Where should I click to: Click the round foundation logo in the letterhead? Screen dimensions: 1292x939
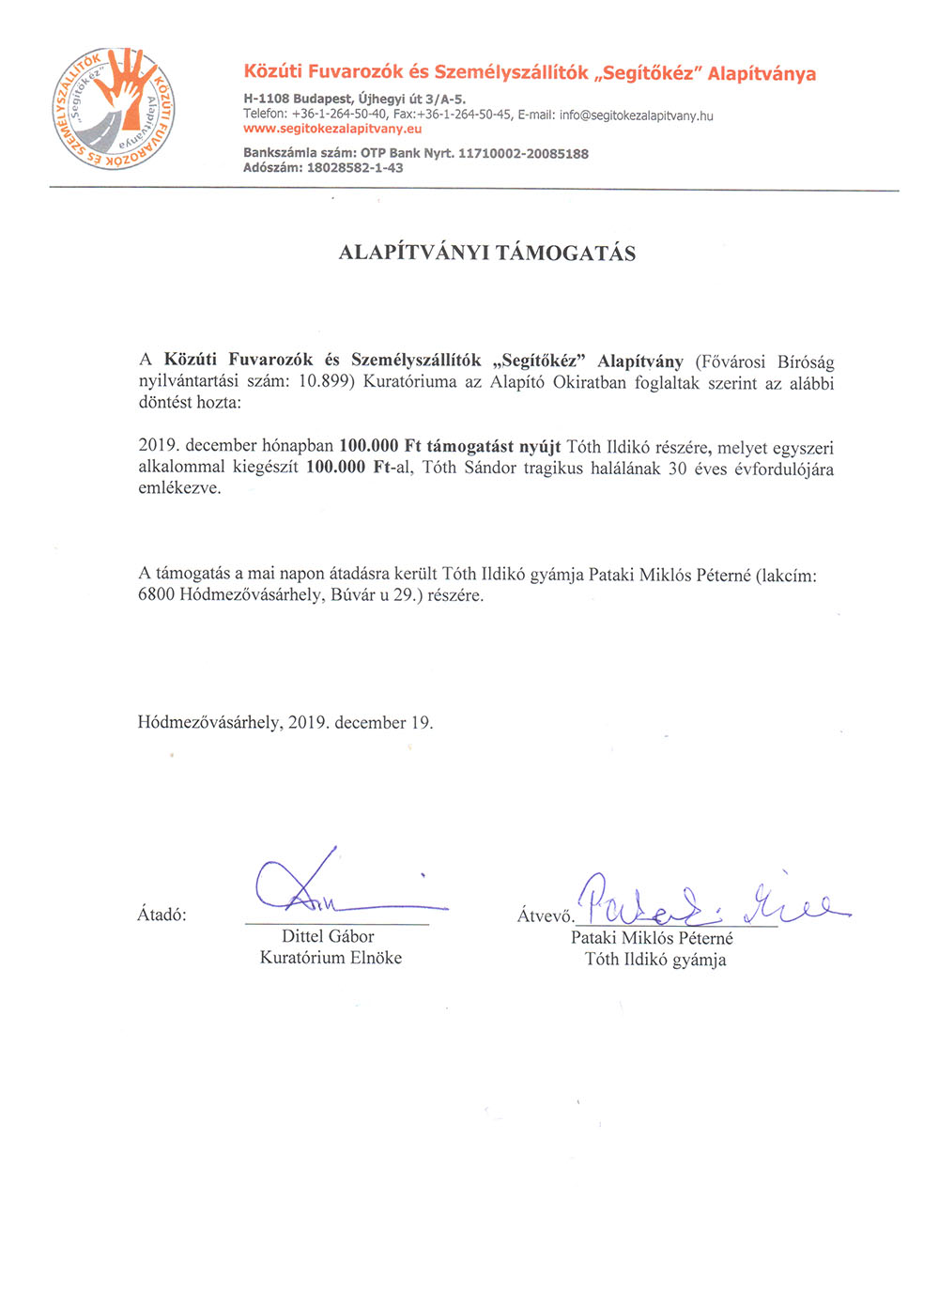(113, 110)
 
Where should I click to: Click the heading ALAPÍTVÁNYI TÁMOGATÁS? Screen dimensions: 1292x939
(486, 254)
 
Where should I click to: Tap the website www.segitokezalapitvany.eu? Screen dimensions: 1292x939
(332, 130)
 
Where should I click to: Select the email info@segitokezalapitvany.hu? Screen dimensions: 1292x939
(637, 115)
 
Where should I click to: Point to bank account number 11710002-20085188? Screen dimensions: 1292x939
(523, 154)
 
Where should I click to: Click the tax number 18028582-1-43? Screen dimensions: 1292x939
(355, 168)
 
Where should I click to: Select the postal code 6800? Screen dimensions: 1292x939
(156, 595)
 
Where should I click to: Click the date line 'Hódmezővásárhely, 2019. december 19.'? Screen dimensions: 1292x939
(285, 723)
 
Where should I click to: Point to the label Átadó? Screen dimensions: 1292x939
(162, 915)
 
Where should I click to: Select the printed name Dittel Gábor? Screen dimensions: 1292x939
(328, 936)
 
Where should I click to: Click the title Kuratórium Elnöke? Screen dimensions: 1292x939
(331, 958)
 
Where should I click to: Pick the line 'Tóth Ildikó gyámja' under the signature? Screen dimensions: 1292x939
(654, 960)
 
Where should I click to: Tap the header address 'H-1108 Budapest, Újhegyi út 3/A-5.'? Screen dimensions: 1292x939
(354, 99)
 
